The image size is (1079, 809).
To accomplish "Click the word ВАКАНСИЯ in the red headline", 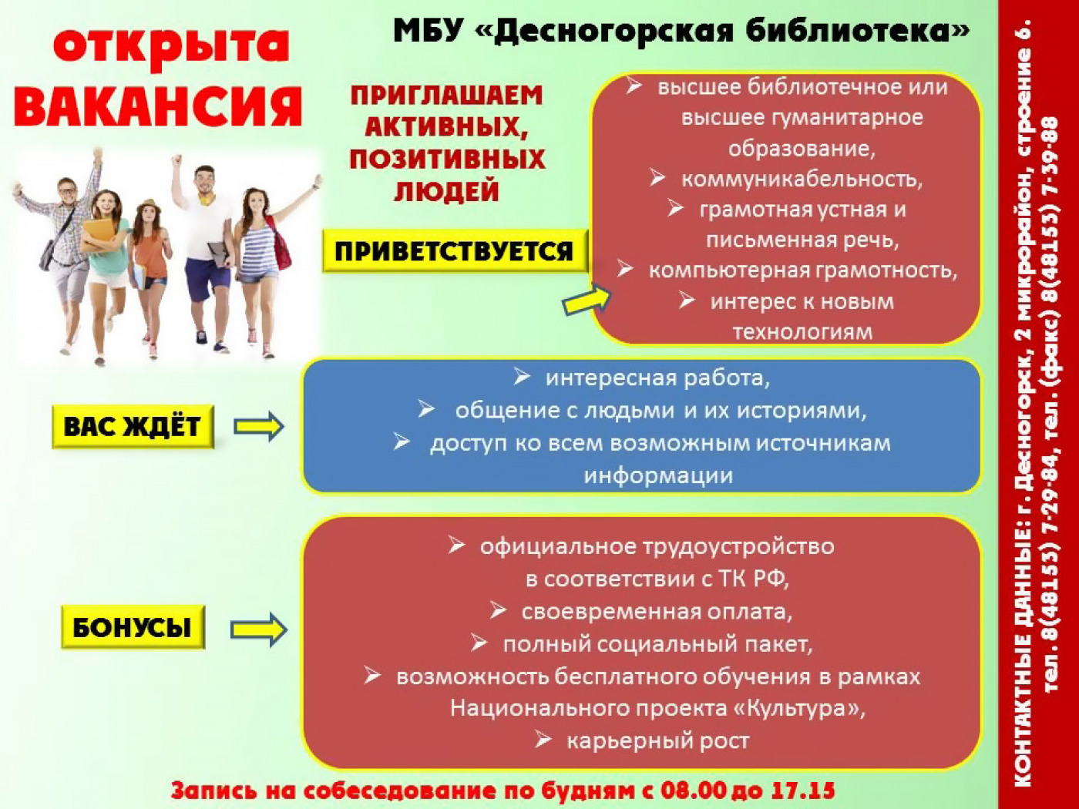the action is [x=158, y=106].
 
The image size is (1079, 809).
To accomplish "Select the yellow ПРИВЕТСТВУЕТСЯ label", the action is [x=455, y=251].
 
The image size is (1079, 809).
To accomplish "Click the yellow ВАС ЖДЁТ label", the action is [x=133, y=426].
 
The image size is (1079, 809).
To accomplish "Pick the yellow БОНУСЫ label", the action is [x=133, y=627].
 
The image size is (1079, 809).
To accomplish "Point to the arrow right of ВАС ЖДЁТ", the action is [x=258, y=426].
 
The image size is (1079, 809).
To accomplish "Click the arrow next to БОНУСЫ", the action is [x=258, y=629].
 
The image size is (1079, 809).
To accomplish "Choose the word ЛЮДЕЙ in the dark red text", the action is [x=446, y=191].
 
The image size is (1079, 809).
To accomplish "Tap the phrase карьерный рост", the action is [x=658, y=740].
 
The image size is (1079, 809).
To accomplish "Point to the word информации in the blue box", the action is [x=658, y=475].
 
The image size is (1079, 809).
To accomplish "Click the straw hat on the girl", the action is [x=148, y=205].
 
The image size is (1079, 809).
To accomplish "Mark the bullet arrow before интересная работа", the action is [x=522, y=378].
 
